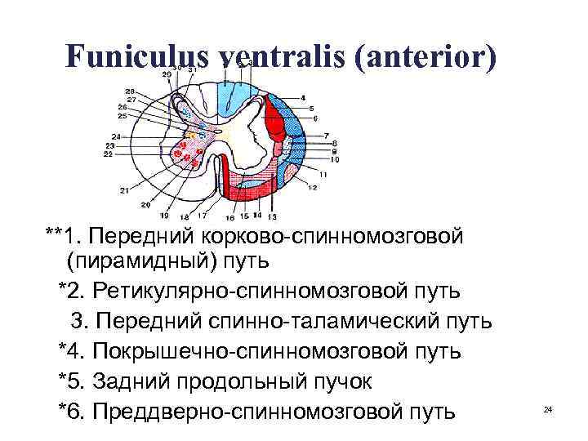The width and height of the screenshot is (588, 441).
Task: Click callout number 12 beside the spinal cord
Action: pyautogui.click(x=312, y=187)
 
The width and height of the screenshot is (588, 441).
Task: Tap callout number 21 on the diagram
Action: pyautogui.click(x=124, y=191)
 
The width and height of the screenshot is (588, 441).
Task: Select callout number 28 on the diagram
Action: pyautogui.click(x=130, y=91)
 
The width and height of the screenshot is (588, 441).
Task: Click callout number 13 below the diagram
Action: pyautogui.click(x=272, y=216)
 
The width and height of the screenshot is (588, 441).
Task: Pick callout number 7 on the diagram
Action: pyautogui.click(x=326, y=135)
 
